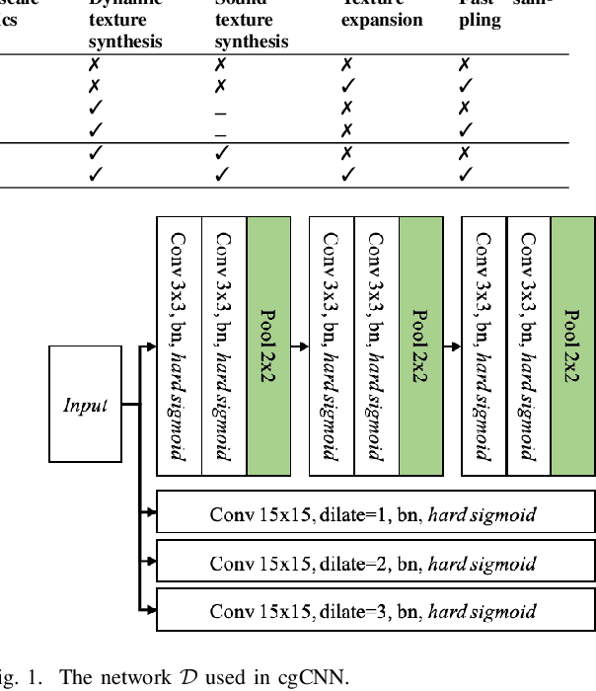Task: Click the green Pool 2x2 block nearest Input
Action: coord(268,346)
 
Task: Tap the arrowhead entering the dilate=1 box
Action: coord(151,513)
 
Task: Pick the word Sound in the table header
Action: coord(235,3)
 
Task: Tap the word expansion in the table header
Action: coord(382,21)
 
